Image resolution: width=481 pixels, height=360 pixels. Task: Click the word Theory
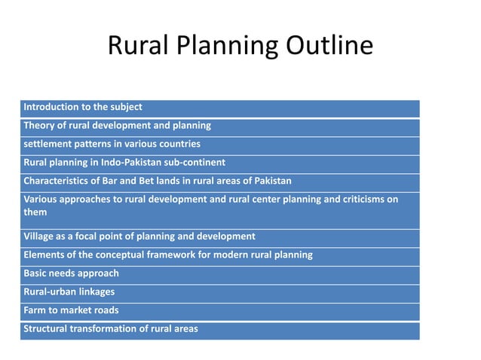40,125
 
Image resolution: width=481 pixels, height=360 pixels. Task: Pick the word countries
176,144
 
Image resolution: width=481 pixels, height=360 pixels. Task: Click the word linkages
94,291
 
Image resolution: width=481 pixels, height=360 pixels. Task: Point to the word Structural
49,328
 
